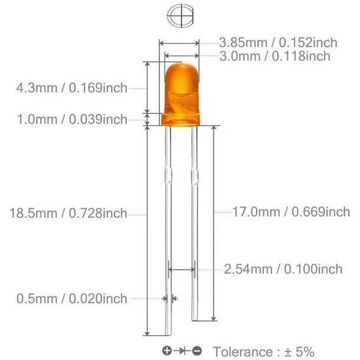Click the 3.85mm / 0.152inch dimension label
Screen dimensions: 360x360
coord(278,42)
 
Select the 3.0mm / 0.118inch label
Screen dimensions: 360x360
coord(274,56)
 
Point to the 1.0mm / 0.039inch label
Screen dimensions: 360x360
coord(73,120)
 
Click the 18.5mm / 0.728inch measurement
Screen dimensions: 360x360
coord(68,214)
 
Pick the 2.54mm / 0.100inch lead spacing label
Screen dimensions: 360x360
coord(283,270)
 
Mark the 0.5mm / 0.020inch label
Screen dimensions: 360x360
coord(73,299)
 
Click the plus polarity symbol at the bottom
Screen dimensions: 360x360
coord(167,352)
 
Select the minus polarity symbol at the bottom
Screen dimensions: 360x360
coord(197,352)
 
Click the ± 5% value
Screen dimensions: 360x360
coord(299,352)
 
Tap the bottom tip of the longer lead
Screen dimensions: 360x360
coord(168,336)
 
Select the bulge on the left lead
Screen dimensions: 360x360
coord(168,176)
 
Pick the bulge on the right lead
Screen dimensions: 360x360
coord(194,176)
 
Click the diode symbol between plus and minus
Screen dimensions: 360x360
coord(182,352)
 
